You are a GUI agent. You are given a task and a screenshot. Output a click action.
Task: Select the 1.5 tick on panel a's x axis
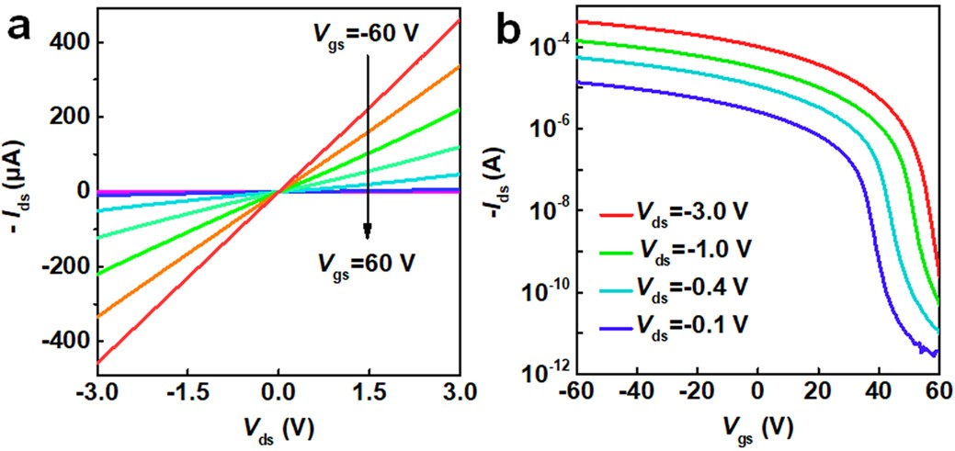coord(368,393)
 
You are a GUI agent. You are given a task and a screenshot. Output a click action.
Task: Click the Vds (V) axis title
coord(277,429)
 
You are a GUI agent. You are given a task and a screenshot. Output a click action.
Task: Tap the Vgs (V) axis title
coord(756,429)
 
